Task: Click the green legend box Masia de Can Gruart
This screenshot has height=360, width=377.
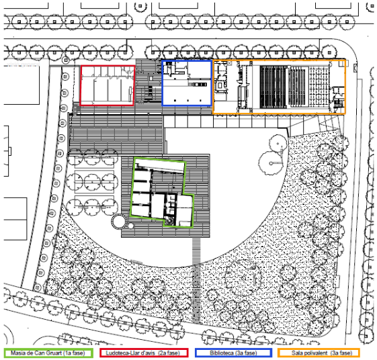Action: [x=48, y=353]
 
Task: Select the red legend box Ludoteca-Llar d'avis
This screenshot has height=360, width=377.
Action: [x=144, y=353]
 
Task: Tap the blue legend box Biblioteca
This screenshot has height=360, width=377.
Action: [x=233, y=353]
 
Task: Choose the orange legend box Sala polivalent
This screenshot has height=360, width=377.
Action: [x=319, y=353]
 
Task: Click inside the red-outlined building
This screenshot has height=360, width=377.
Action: [x=108, y=85]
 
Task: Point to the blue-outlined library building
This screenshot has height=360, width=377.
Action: [x=187, y=83]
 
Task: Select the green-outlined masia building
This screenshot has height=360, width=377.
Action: [x=161, y=192]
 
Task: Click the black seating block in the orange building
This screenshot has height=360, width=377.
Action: [x=273, y=87]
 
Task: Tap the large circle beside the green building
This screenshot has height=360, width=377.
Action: [x=119, y=222]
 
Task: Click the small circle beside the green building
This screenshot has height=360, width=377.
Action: [x=130, y=226]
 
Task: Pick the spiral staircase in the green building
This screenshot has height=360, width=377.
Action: [x=169, y=221]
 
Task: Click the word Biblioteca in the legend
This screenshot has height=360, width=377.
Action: [x=222, y=353]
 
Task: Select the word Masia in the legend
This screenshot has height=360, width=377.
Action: [x=17, y=353]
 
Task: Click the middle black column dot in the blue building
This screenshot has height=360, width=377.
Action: [x=187, y=101]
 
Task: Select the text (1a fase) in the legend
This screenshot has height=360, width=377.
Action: [x=74, y=353]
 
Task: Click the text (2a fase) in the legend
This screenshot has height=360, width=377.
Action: [x=169, y=353]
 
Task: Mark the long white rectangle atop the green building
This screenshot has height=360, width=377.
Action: [x=160, y=167]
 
